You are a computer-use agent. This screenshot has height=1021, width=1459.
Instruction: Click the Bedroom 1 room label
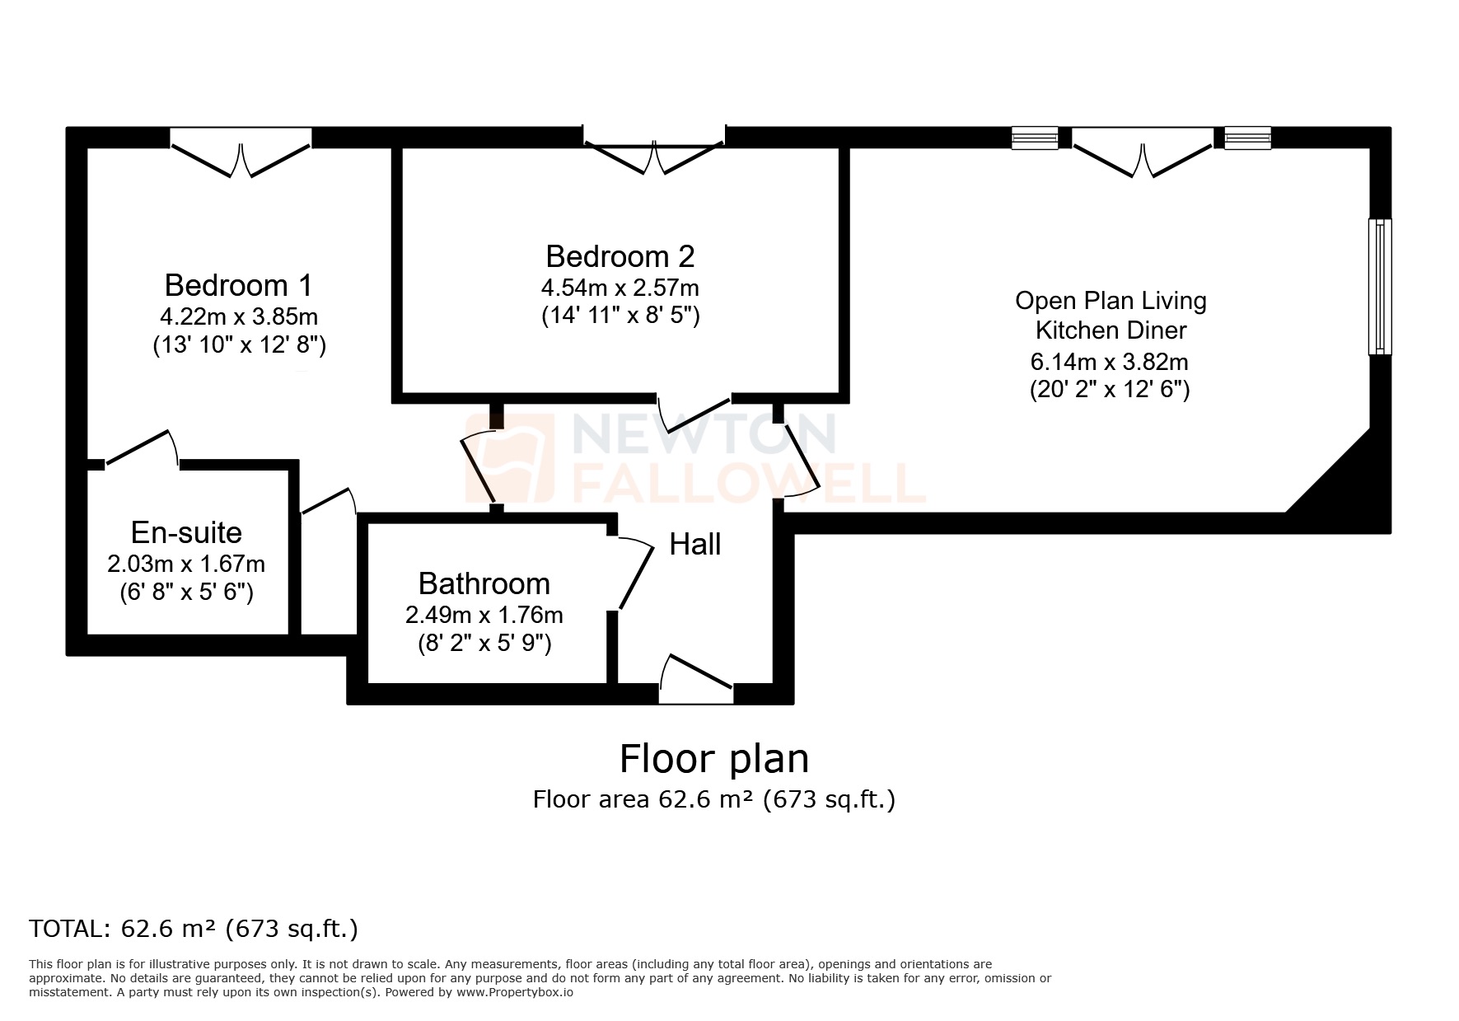click(x=238, y=285)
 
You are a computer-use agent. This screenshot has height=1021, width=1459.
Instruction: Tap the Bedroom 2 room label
click(x=620, y=256)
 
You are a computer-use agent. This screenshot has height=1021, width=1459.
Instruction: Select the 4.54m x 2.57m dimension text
click(x=620, y=288)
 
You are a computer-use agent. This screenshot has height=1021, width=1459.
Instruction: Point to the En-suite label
click(x=186, y=532)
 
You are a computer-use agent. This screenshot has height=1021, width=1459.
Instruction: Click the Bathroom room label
click(x=484, y=583)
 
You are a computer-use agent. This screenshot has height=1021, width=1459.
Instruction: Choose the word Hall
click(x=694, y=544)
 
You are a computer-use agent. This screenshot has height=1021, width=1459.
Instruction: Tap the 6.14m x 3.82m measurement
click(x=1109, y=362)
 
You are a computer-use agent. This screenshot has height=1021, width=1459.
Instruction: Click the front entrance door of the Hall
click(x=695, y=677)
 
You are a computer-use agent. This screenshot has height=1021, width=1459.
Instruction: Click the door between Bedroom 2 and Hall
click(x=694, y=407)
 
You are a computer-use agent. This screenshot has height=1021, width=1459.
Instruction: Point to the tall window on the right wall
click(x=1379, y=287)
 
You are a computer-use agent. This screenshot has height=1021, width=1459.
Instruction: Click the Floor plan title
click(x=713, y=758)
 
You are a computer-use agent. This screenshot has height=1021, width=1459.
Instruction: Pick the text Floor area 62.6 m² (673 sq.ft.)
click(x=713, y=799)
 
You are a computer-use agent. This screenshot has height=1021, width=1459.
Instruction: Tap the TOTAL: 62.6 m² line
click(x=194, y=929)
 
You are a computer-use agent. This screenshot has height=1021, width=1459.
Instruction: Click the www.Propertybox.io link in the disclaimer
click(x=515, y=993)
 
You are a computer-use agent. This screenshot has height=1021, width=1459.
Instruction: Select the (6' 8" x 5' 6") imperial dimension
click(x=186, y=592)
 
